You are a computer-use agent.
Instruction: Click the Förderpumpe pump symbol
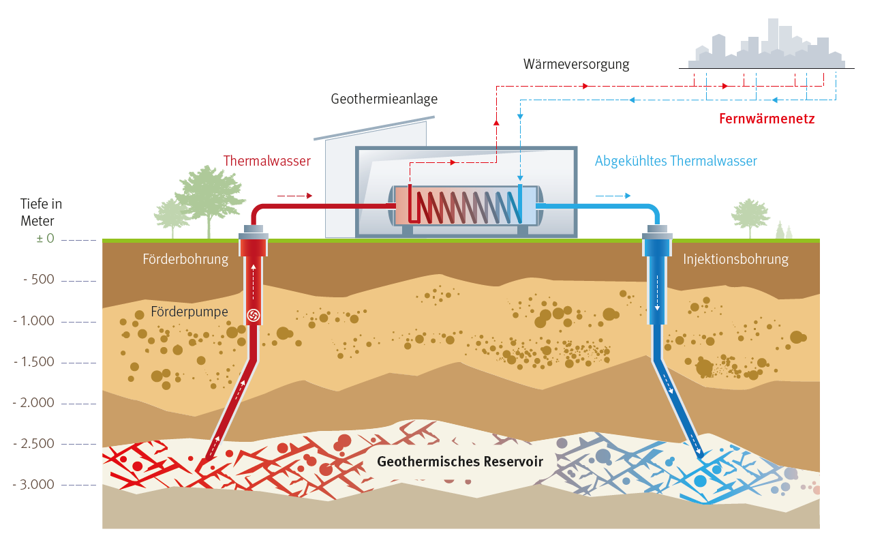click(253, 314)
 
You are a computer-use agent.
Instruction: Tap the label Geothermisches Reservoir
click(460, 462)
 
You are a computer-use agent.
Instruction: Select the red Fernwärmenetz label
click(767, 119)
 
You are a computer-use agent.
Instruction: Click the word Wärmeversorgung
click(576, 65)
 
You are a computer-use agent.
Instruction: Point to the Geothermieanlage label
click(384, 100)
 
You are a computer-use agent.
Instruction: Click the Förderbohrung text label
click(185, 259)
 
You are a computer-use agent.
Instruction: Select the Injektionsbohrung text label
click(735, 259)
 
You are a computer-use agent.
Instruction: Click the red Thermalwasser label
click(266, 162)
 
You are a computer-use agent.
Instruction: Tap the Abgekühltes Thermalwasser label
click(675, 162)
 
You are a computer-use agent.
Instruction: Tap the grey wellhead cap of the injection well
click(658, 237)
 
